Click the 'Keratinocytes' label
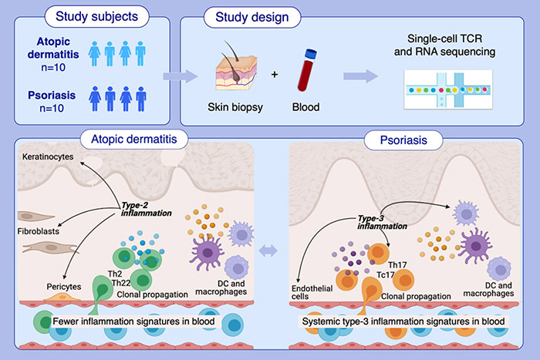click(49, 156)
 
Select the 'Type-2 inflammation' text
click(142, 208)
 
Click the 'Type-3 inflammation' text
click(382, 222)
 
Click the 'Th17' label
click(401, 265)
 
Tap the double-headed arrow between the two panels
click(269, 250)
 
